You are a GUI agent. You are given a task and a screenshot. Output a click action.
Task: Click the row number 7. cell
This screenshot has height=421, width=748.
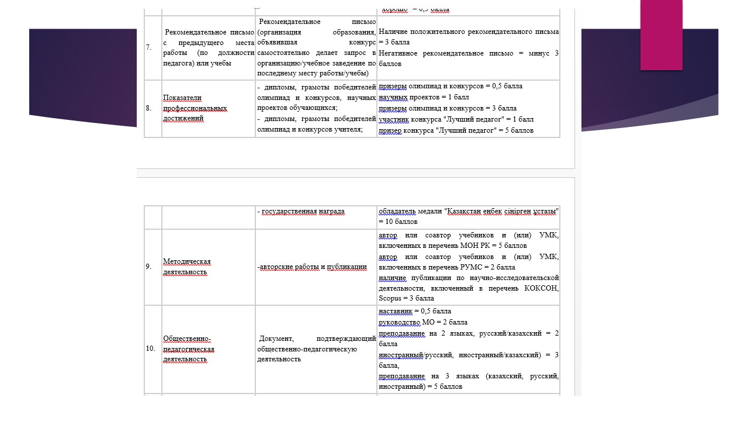point(149,47)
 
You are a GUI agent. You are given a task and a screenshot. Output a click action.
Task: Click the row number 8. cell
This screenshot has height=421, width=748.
point(149,108)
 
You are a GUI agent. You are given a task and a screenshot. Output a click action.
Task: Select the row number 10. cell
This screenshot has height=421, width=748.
point(150,348)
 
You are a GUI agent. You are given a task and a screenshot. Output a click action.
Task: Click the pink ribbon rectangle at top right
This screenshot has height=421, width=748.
point(661,34)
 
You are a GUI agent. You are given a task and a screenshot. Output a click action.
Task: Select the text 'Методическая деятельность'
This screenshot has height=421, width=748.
point(186,267)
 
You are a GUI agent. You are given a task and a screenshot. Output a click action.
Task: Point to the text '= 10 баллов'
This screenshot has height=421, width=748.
point(398,222)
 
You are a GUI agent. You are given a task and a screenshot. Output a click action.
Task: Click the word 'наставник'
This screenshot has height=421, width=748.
point(395,311)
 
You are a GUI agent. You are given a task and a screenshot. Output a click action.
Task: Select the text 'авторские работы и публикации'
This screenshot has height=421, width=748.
point(313,267)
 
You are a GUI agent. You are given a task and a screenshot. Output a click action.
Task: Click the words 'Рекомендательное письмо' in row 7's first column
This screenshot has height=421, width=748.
point(209,32)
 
